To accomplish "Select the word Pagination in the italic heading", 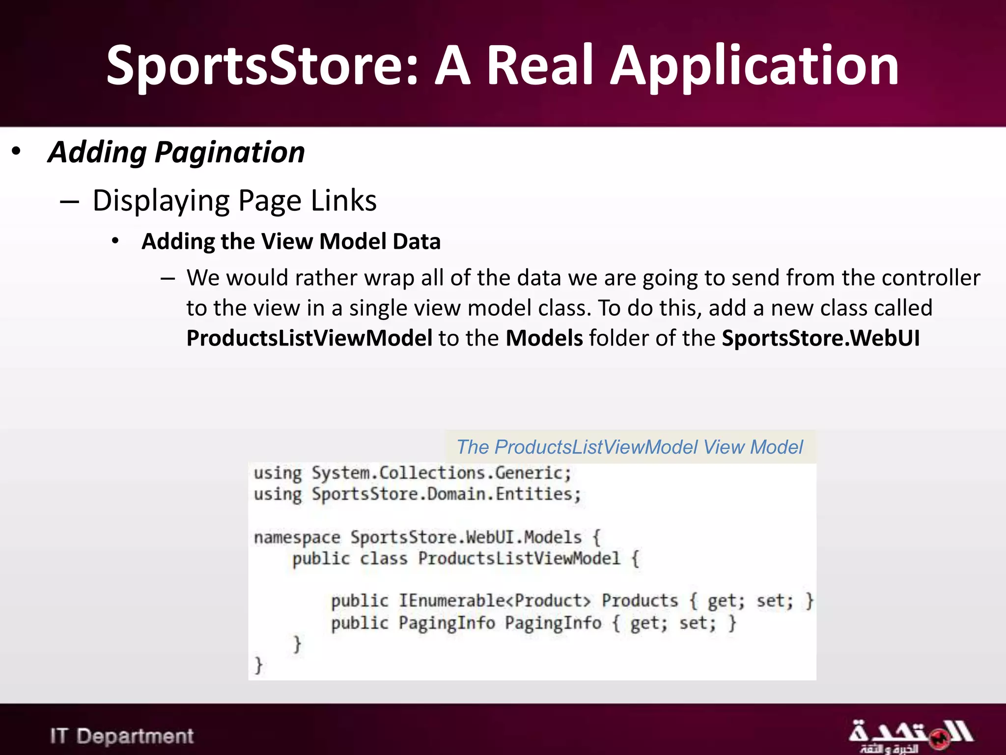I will (x=229, y=152).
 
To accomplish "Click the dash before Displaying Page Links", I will (x=69, y=201).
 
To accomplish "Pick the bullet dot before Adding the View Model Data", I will (x=115, y=241).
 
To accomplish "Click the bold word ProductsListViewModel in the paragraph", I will (x=309, y=338).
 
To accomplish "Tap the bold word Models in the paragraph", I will (x=544, y=338).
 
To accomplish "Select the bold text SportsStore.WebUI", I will (x=820, y=338).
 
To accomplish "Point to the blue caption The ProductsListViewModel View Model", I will (x=630, y=447).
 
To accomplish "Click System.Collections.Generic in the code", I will (x=441, y=473).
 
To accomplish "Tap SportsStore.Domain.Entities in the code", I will (x=446, y=494).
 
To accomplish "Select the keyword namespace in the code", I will (x=297, y=537).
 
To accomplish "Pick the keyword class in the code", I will (x=384, y=559).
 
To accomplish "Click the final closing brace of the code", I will (x=259, y=665).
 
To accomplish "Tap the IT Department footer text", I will (x=122, y=736).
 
